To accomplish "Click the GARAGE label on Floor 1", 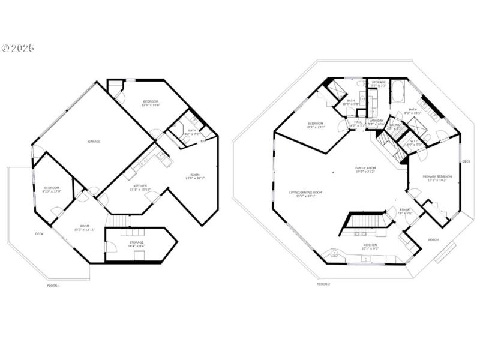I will click(x=94, y=141).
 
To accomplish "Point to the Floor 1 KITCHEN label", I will click(x=140, y=185).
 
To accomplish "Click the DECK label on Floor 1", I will click(x=39, y=233).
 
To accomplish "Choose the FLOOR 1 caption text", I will click(x=53, y=286).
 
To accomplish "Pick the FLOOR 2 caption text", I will click(x=324, y=284).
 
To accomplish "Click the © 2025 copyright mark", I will click(x=18, y=48).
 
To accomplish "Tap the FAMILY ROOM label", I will click(x=365, y=168).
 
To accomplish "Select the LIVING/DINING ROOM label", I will click(x=305, y=193).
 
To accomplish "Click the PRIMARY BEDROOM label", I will click(x=437, y=176).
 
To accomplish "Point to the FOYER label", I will click(x=405, y=209).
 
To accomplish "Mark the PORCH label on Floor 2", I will click(x=433, y=239).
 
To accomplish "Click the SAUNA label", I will click(x=394, y=125).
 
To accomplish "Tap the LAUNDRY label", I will click(x=376, y=121).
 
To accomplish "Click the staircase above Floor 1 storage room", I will click(x=122, y=221).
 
